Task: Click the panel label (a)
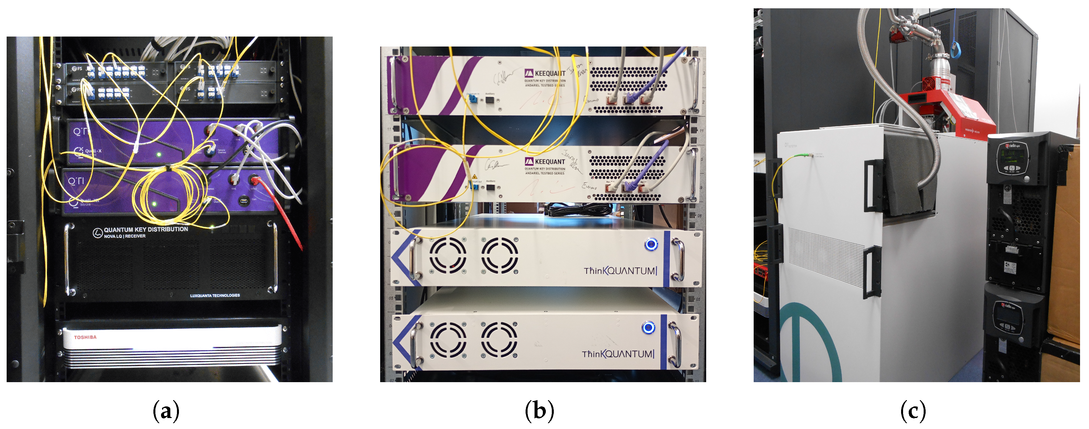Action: pos(166,411)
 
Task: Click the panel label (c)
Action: pos(913,411)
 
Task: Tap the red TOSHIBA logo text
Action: pos(85,337)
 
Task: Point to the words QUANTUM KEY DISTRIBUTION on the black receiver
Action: pos(146,229)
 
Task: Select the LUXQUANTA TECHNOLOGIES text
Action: pos(215,295)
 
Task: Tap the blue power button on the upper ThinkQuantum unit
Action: pos(651,244)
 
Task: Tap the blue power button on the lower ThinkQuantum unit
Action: pos(648,327)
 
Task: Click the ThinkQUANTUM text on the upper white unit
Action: pos(620,271)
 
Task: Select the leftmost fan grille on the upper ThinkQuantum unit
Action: pos(448,255)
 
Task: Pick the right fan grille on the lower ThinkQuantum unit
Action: pos(499,339)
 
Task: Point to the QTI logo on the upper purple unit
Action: pos(82,132)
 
